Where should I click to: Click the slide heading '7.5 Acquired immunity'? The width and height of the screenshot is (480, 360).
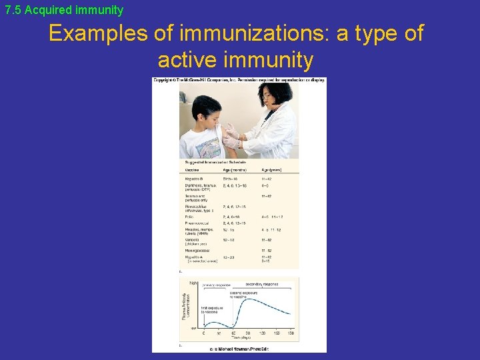coord(64,10)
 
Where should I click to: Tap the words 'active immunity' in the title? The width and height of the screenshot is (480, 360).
coord(235,60)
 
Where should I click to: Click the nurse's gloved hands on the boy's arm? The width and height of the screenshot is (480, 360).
coord(231,137)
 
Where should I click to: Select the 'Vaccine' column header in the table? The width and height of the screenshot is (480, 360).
coord(193,170)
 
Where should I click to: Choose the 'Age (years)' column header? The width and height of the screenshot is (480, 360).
coord(271,170)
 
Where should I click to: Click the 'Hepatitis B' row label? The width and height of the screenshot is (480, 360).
coord(195,179)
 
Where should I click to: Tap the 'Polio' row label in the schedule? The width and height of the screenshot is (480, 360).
coord(189,217)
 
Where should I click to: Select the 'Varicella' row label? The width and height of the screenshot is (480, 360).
coord(193,239)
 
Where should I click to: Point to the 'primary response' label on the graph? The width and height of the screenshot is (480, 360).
coord(215,284)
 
